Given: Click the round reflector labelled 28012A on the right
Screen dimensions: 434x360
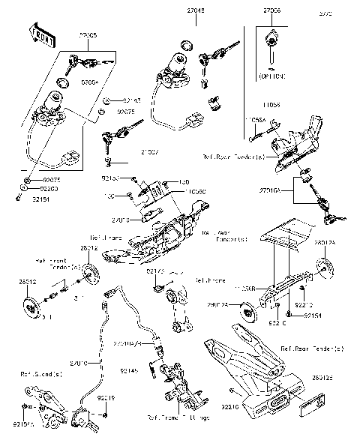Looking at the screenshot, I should click(x=325, y=267).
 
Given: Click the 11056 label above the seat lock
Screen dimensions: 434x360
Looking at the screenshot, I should click(x=271, y=106).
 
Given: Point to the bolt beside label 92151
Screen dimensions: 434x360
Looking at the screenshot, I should click(x=16, y=198).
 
